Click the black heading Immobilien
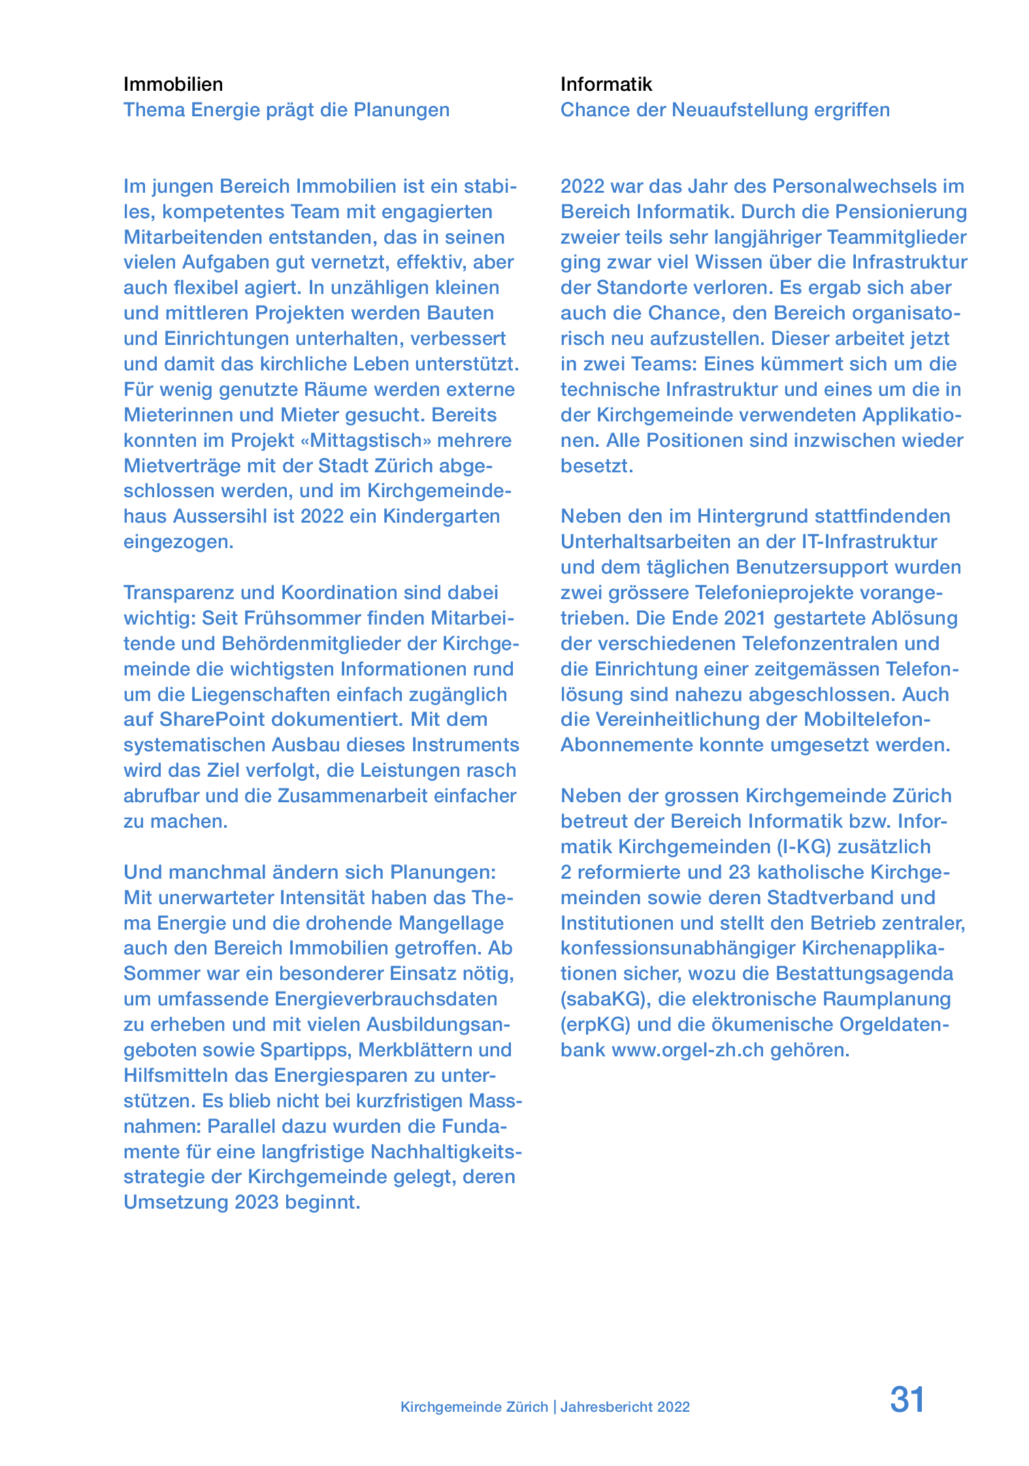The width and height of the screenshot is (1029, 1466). (x=173, y=84)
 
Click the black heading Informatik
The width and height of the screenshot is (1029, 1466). (x=606, y=84)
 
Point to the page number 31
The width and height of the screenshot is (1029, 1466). (x=907, y=1399)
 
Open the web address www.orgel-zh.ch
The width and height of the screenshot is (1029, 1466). (x=687, y=1050)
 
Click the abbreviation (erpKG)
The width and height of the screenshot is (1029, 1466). (x=595, y=1024)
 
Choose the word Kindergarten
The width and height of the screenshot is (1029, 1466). (x=441, y=516)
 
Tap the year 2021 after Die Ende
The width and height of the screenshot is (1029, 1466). (x=749, y=618)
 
